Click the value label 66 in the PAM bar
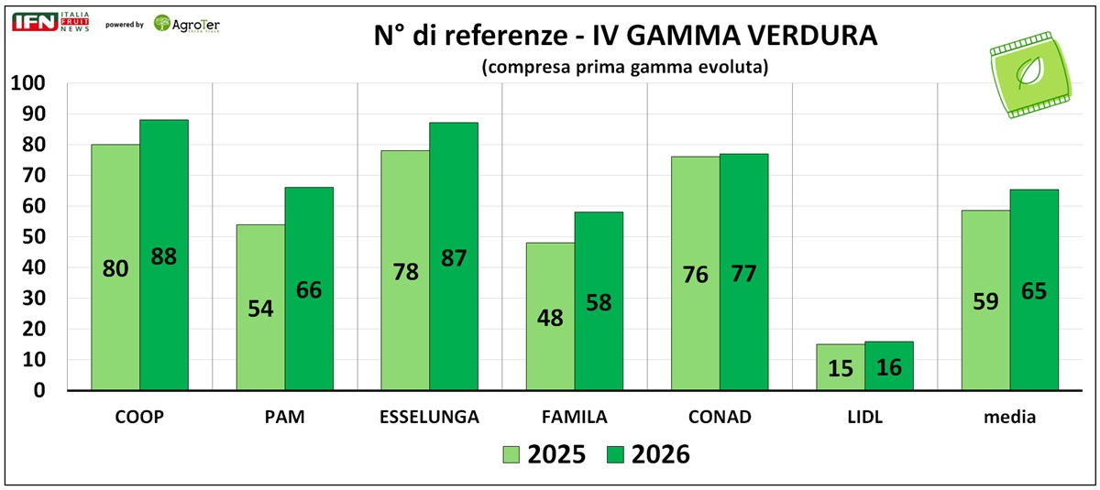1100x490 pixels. click(309, 290)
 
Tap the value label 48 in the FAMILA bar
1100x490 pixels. click(550, 318)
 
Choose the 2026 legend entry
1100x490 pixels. click(647, 454)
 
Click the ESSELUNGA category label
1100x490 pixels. click(429, 418)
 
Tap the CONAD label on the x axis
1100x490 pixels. click(719, 418)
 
